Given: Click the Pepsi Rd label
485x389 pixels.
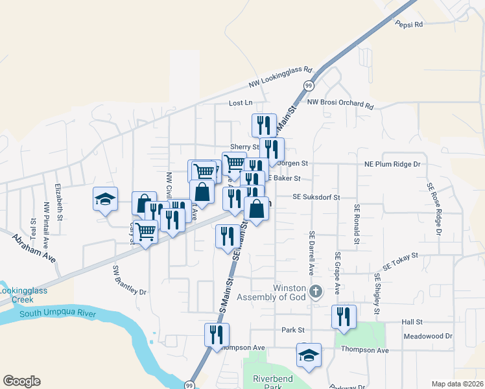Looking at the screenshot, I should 408,24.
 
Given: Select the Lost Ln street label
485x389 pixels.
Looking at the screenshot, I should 240,103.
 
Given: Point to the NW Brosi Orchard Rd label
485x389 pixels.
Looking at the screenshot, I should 340,103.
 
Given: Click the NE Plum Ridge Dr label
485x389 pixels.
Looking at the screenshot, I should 392,165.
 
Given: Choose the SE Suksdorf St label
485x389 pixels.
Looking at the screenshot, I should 316,196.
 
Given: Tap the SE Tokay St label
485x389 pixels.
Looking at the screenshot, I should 401,261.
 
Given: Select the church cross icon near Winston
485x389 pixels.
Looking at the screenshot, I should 316,291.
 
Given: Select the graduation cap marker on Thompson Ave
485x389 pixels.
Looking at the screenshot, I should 309,355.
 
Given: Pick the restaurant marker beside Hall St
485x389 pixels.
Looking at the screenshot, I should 344,316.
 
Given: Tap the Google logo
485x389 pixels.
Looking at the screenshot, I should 21,381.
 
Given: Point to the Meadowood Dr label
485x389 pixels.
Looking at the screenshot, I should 427,336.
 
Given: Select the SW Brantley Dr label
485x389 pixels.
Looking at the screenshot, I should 130,279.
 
